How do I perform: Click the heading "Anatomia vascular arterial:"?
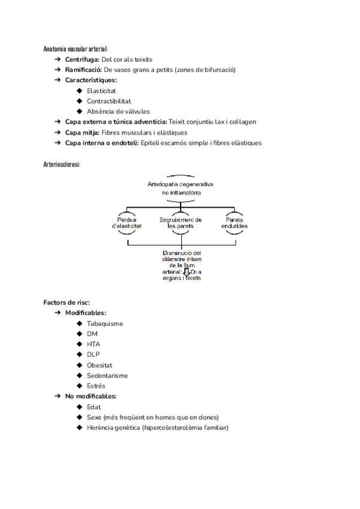76,49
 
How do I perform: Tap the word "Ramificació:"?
83,70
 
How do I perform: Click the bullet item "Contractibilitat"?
109,101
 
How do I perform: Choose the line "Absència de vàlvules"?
118,111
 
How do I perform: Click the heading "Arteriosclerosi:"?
62,164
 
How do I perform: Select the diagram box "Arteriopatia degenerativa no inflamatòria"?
181,188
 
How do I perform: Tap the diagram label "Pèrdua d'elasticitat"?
127,223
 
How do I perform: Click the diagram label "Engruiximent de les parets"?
181,223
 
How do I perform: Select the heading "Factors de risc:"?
67,302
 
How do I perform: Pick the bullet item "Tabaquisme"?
104,324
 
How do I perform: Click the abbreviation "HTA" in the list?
93,345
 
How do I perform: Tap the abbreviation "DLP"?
93,355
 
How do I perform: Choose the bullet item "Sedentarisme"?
107,376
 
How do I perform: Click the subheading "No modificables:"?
91,396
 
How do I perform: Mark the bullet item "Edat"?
94,407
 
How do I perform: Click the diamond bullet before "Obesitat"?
79,365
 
